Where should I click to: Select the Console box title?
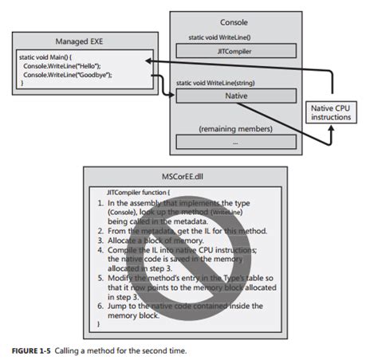point(232,22)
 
